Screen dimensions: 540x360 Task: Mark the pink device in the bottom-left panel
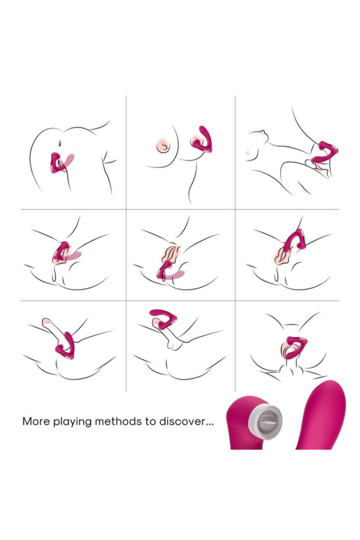click(66, 344)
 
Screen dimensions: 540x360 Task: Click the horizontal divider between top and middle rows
click(180, 209)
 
